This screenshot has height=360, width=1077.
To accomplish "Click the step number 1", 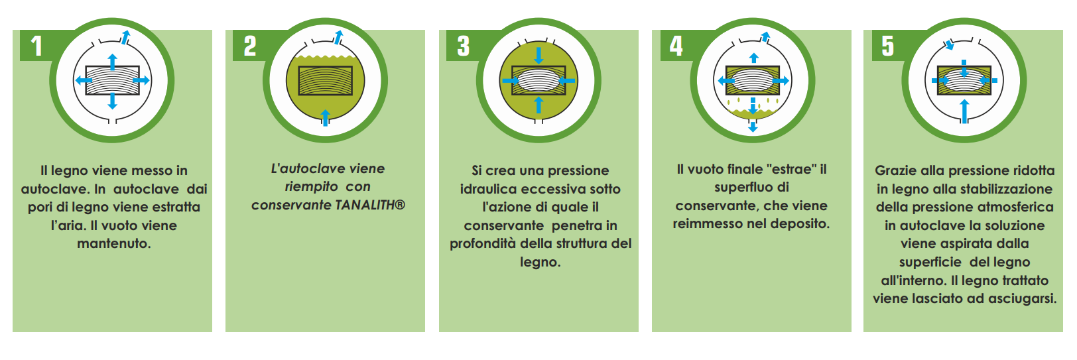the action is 36,46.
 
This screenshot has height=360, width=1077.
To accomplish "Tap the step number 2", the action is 250,46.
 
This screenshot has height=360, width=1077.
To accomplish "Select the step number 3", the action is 463,46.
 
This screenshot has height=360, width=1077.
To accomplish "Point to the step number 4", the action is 676,46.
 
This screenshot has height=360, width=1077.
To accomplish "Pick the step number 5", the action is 887,46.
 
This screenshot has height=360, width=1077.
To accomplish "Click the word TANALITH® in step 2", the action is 370,206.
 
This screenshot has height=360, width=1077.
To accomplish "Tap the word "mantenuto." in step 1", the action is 114,244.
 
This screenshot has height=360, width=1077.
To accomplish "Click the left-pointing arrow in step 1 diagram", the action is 84,80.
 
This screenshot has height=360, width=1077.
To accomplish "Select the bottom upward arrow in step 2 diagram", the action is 326,118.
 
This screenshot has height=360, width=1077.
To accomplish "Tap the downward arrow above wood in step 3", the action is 538,55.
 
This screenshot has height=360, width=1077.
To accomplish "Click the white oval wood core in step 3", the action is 538,81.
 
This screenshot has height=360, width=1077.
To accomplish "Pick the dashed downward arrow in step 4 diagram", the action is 753,115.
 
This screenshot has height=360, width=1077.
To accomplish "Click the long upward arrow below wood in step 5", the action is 964,111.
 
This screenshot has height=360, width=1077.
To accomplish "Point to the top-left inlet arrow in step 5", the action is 950,45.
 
